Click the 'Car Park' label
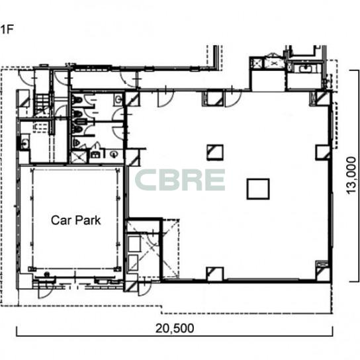[x=75, y=220]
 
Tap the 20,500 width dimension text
[x=175, y=328]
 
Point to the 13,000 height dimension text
[x=351, y=175]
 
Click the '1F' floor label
[x=7, y=29]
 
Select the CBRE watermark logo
[x=180, y=180]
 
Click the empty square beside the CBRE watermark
[x=258, y=189]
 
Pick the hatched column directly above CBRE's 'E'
[x=215, y=152]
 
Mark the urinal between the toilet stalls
[x=81, y=122]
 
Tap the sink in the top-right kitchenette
[x=305, y=68]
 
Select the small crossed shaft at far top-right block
[x=256, y=63]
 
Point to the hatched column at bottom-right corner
[x=323, y=274]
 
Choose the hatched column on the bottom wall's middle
[x=215, y=274]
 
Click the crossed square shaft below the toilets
[x=79, y=157]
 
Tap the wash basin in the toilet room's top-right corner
[x=118, y=99]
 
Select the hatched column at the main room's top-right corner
[x=323, y=99]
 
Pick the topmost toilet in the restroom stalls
[x=77, y=100]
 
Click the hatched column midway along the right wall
[x=323, y=152]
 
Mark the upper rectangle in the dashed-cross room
[x=134, y=244]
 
